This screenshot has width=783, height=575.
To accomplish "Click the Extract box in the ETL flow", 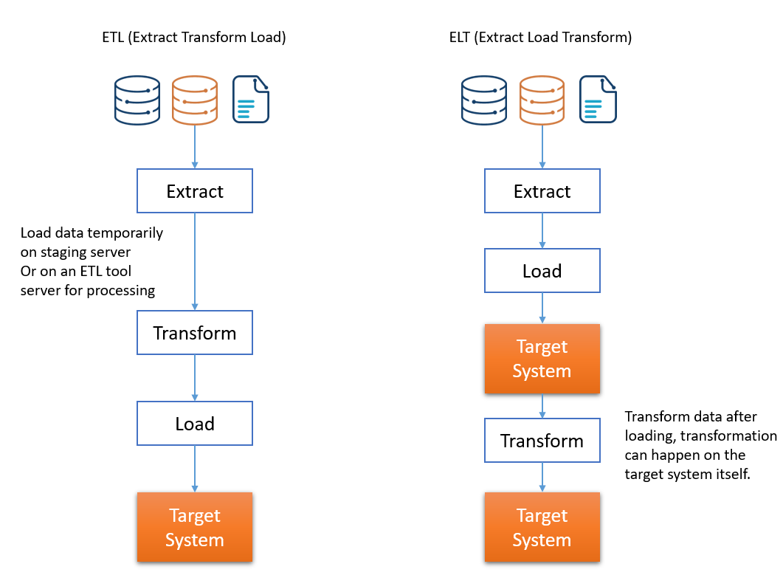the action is point(195,191).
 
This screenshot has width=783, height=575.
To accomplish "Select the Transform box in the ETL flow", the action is point(195,333).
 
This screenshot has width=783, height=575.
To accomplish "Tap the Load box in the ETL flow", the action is point(195,424).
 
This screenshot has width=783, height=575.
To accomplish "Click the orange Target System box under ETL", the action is point(195,527).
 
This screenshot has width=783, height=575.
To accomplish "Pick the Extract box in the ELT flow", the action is point(542,191).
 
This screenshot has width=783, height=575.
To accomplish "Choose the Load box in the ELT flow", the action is point(542,271).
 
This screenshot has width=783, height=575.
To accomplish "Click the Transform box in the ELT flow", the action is point(542,441).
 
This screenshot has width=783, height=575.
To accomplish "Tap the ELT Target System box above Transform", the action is point(542,359).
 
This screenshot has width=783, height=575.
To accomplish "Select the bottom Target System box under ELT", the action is point(542,527).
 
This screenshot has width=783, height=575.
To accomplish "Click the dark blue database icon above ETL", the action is point(137,100).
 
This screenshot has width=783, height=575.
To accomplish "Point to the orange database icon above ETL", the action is point(195,100).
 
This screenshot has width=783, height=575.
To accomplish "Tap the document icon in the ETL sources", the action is point(251,99).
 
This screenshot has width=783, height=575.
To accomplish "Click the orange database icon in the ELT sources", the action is point(542,100).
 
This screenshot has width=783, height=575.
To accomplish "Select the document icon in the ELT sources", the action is point(599,99).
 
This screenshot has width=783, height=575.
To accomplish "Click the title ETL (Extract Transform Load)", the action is point(194,38).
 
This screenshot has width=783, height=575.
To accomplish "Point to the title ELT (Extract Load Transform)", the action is point(540,38).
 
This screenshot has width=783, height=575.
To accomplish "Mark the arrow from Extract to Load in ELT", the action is point(542,231).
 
